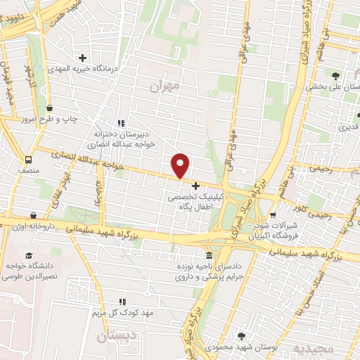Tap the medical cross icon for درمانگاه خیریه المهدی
[83, 58]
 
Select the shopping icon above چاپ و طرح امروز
[50, 108]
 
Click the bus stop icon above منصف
[29, 160]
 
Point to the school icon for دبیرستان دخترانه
[120, 121]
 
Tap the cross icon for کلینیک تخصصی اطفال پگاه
[195, 188]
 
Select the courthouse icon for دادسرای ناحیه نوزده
[209, 255]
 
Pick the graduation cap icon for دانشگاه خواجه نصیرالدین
[29, 256]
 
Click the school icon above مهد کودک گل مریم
[124, 301]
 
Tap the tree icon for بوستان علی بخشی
[335, 76]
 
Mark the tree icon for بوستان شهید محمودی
[242, 336]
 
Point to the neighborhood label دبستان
[115, 337]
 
